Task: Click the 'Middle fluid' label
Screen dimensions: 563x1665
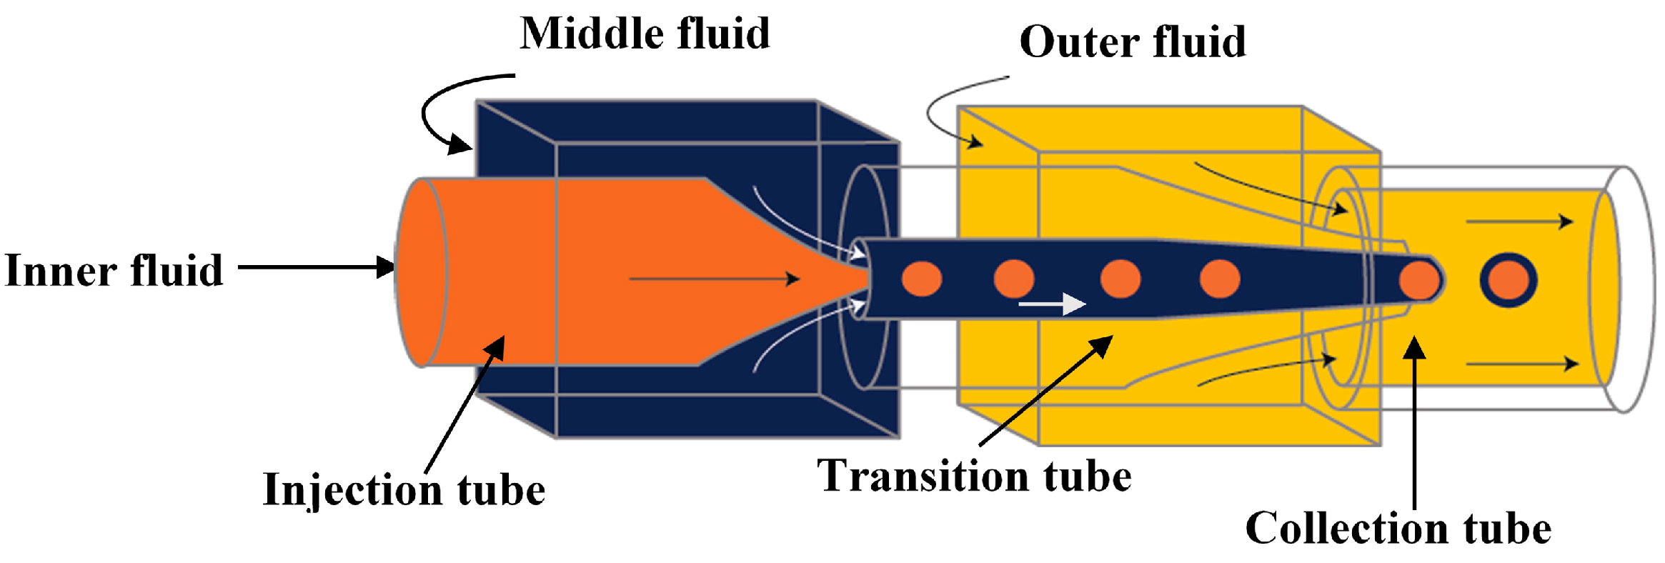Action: click(645, 34)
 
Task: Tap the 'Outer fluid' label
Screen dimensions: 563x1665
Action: click(1133, 41)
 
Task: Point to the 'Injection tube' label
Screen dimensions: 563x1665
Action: click(404, 490)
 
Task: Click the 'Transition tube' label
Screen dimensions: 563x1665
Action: click(974, 477)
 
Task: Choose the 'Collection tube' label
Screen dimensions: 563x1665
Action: click(1398, 529)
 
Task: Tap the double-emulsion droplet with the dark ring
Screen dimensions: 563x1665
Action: click(1508, 280)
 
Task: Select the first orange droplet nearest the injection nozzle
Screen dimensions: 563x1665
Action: click(922, 279)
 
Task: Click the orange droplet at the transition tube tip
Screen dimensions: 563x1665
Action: click(1419, 280)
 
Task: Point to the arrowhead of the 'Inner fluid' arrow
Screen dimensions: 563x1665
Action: click(386, 268)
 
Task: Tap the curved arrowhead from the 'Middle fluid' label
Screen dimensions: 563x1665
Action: click(458, 146)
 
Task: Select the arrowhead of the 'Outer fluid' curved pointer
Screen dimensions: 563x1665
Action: click(975, 143)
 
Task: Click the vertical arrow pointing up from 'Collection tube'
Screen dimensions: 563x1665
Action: click(1414, 422)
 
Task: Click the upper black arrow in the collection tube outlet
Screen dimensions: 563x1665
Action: click(1519, 221)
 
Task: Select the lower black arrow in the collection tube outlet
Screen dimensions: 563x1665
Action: click(1522, 364)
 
